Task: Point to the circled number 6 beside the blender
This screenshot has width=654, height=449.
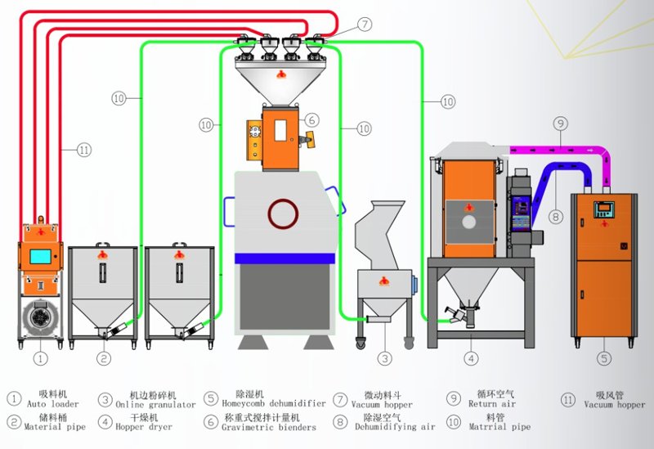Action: coord(311,119)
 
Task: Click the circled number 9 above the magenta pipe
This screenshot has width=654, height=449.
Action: coord(560,123)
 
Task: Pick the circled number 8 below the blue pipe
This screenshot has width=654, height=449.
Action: coord(557,218)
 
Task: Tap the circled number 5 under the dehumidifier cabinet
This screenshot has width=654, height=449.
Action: coord(604,357)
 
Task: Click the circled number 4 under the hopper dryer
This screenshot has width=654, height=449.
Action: coord(471,357)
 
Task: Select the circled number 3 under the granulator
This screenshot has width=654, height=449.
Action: coord(385,357)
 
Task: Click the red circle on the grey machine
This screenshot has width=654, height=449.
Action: coord(284,213)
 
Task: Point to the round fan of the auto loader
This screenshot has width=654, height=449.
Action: coord(38,317)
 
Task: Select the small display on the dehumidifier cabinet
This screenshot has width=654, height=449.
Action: coord(604,209)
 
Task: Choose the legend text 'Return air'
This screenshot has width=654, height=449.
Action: coord(492,404)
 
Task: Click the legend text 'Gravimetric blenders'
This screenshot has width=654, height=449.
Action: coord(268,427)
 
